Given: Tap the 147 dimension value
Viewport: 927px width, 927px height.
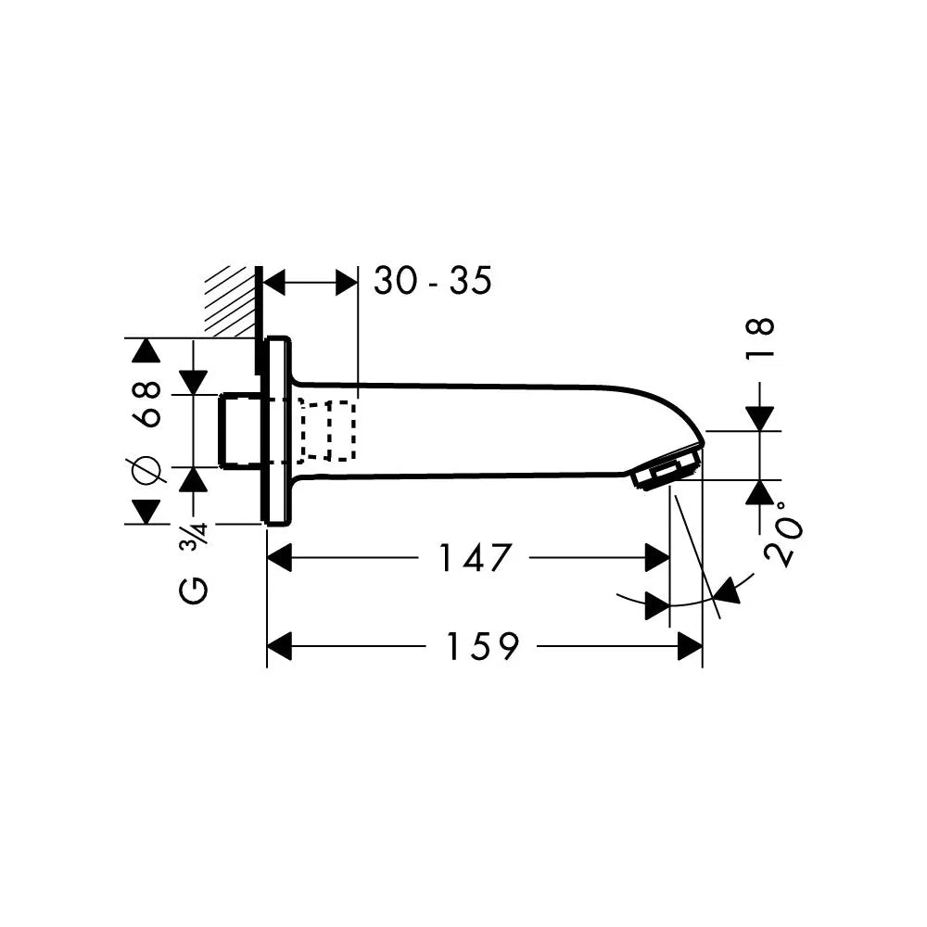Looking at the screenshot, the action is [x=474, y=557].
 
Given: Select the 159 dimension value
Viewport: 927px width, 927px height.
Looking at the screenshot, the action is [x=482, y=645].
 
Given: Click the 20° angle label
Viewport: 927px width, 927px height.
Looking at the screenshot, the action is [x=784, y=535].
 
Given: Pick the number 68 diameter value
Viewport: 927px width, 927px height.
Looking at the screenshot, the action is [x=147, y=404].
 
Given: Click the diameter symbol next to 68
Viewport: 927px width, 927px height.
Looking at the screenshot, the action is [x=147, y=471].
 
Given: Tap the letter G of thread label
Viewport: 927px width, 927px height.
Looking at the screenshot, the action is [x=194, y=590].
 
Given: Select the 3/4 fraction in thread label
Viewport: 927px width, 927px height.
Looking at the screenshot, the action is [x=195, y=535].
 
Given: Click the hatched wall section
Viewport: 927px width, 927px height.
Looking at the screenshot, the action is [x=231, y=301].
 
